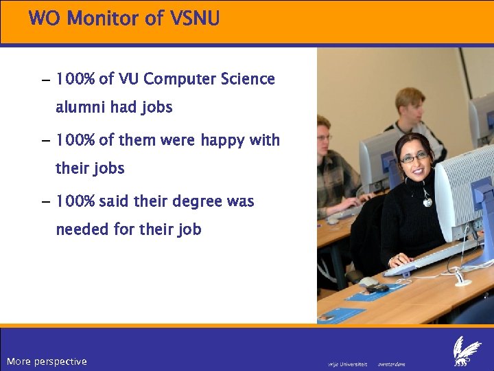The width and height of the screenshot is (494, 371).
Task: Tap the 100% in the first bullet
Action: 75,79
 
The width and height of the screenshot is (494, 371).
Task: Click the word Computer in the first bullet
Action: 180,79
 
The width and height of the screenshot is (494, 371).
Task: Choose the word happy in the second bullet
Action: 222,140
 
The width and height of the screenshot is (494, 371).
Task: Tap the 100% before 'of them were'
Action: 75,140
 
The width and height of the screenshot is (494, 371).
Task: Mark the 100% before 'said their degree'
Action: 75,202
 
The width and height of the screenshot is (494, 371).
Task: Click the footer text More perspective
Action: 47,361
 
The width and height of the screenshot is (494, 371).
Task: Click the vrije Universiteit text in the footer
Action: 348,363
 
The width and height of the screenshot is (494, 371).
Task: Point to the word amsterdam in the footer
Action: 391,363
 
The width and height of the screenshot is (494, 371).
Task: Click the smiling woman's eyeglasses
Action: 414,157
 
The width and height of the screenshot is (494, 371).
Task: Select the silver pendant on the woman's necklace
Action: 427,201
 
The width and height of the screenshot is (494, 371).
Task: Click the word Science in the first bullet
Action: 248,79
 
